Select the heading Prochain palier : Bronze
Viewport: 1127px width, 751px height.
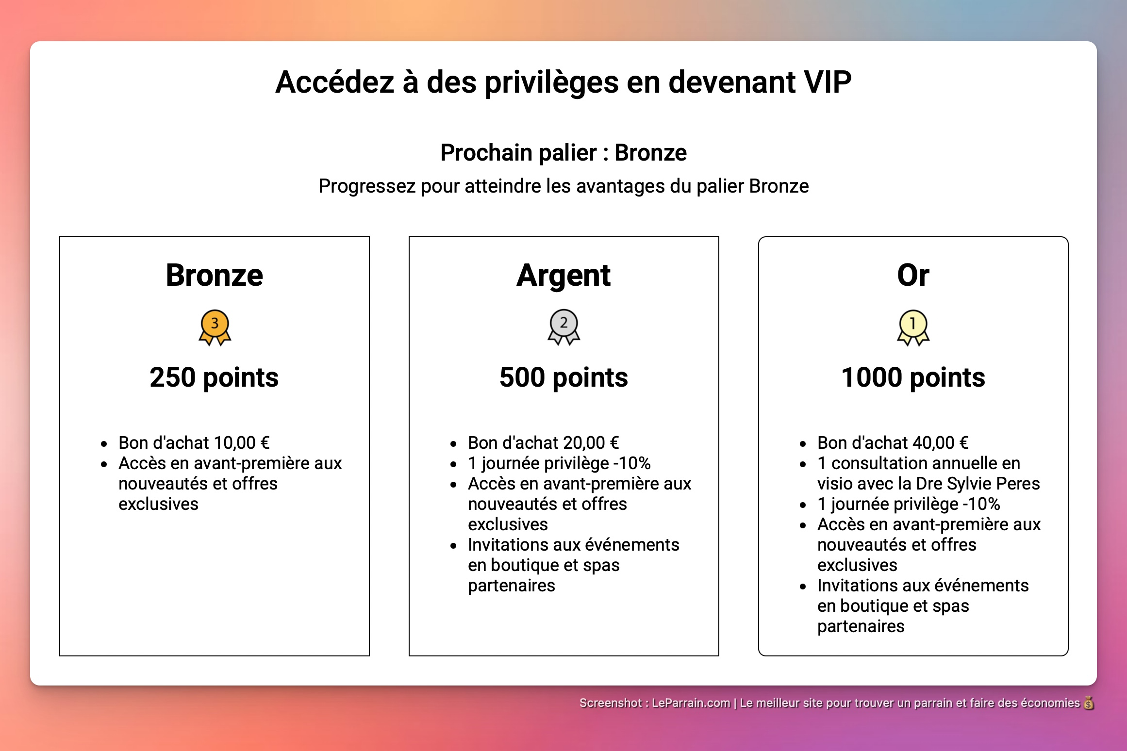tap(563, 153)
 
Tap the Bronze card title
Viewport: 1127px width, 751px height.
tap(214, 275)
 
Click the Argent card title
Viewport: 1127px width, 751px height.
tap(563, 275)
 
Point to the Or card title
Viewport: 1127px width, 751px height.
tap(912, 275)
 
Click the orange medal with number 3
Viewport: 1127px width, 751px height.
tap(215, 327)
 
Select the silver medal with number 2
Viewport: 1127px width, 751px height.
tap(563, 327)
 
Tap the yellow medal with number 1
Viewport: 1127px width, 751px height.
tap(913, 327)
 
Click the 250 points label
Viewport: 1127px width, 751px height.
tap(214, 377)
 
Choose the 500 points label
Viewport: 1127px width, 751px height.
tap(563, 377)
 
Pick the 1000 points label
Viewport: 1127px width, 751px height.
tap(912, 377)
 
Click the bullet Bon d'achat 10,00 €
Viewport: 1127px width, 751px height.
tap(194, 443)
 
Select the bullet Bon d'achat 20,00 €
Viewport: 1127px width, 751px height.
tap(543, 443)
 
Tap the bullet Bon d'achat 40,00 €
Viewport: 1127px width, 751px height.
tap(893, 443)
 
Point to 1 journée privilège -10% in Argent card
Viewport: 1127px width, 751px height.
tap(559, 463)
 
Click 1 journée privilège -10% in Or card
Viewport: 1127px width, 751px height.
tap(909, 504)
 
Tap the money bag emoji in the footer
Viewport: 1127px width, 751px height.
tap(1089, 703)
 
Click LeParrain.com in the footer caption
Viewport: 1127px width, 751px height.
tap(690, 703)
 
